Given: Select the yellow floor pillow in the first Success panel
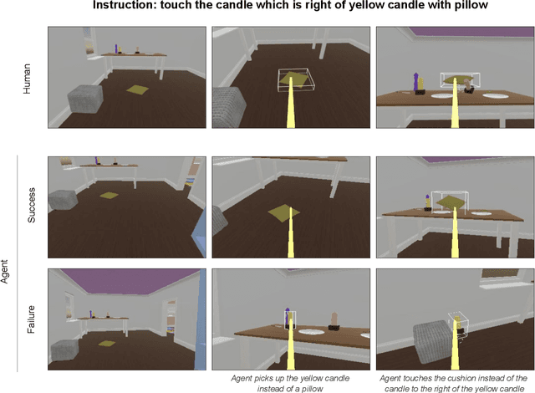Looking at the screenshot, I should tap(108, 196).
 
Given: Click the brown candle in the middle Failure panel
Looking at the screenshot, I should tap(334, 319).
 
